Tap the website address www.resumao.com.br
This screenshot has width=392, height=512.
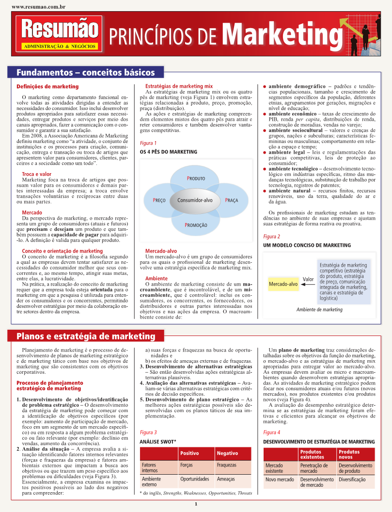[38, 7]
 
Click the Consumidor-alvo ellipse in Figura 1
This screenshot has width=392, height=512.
[195, 200]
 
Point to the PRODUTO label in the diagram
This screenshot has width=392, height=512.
[196, 178]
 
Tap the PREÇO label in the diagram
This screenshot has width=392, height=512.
[159, 200]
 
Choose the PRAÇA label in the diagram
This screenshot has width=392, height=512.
[231, 200]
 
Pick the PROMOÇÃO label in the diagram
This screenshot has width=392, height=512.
[196, 225]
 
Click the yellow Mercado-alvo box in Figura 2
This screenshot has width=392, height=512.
[283, 284]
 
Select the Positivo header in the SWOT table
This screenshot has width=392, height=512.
[189, 453]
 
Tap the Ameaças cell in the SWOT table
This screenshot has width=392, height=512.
[226, 479]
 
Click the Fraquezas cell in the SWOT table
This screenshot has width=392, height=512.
[227, 464]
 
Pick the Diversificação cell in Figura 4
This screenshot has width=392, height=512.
[351, 480]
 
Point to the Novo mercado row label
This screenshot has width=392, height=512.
[280, 480]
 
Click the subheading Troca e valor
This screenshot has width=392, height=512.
[37, 174]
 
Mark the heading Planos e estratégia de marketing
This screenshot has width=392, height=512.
[86, 336]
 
